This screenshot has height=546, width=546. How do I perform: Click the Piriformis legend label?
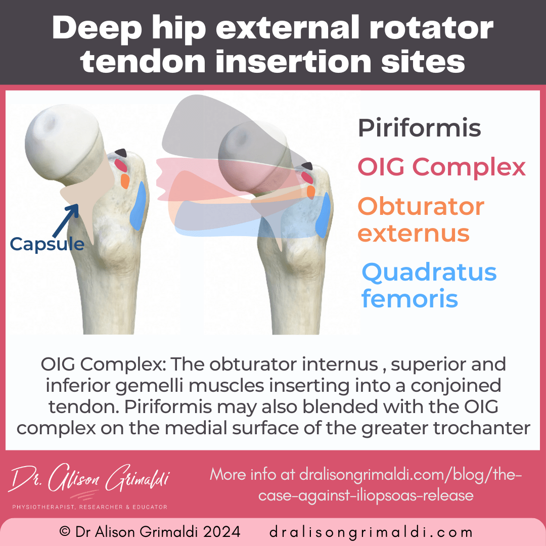coord(419,128)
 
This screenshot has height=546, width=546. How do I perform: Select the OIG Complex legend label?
coord(441,167)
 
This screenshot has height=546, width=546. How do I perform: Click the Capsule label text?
coord(47,244)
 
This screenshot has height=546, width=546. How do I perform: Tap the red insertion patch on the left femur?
coord(120,165)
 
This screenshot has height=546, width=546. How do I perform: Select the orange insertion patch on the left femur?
coord(125,180)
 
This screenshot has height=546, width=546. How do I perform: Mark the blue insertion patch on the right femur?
coord(322,215)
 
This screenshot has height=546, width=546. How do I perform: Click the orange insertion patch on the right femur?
coord(311,192)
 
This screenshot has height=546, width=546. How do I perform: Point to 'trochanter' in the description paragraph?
coord(486,428)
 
